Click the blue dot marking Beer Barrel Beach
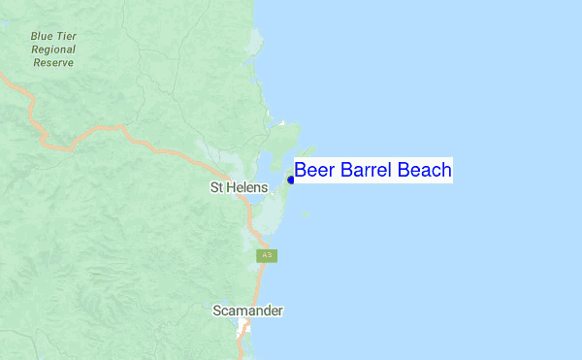pos(291,180)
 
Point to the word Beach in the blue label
pos(424,171)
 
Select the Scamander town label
pos(248,311)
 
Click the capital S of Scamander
pos(217,311)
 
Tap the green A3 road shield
pos(267,255)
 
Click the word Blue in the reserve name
pos(42,36)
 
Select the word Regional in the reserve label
pos(53,49)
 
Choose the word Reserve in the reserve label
pos(53,61)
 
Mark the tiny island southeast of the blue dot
pos(305,213)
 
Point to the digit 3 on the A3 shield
pos(270,255)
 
